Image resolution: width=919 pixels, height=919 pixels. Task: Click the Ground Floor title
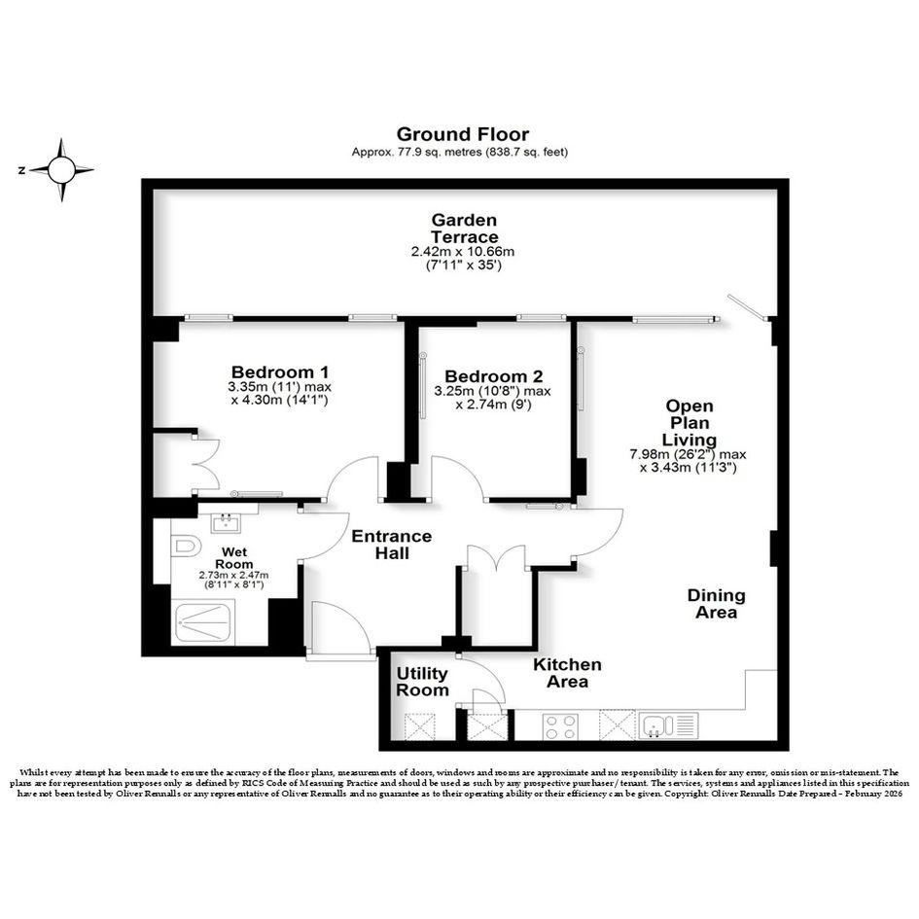point(463,134)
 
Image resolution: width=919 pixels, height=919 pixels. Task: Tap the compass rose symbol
point(61,170)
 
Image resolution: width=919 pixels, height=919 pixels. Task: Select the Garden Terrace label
point(464,229)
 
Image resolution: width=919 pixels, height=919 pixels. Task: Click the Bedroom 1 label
point(280,372)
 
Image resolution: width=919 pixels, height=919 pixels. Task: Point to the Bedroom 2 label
point(493,376)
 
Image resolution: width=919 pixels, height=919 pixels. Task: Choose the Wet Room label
point(233,558)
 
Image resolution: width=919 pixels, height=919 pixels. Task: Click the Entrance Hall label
point(392,545)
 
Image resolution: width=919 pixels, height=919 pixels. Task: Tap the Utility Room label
point(422,682)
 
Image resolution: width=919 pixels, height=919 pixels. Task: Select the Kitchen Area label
point(567,673)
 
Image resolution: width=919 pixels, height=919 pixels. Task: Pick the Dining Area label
point(716,604)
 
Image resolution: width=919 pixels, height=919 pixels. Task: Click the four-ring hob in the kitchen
point(560,726)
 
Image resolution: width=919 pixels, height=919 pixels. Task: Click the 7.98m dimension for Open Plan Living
point(688,454)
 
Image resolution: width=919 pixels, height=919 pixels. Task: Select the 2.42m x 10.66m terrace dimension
point(463,252)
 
